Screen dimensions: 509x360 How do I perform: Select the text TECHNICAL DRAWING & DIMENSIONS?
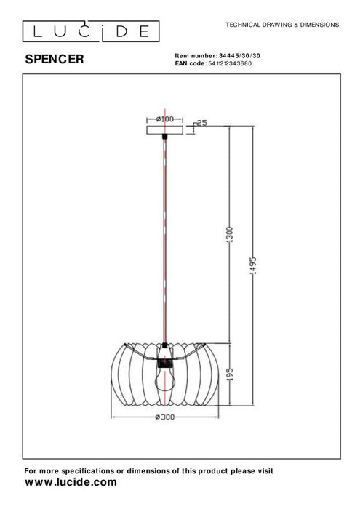point(282,24)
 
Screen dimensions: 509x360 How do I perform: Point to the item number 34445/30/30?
point(239,56)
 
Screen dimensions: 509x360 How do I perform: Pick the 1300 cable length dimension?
point(229,234)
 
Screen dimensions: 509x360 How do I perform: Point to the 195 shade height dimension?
point(229,374)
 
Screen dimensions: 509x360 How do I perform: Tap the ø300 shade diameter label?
point(166,417)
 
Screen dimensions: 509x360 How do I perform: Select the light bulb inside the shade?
point(166,379)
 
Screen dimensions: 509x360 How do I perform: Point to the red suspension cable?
point(166,240)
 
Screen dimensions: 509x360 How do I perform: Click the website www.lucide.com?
point(71,482)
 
